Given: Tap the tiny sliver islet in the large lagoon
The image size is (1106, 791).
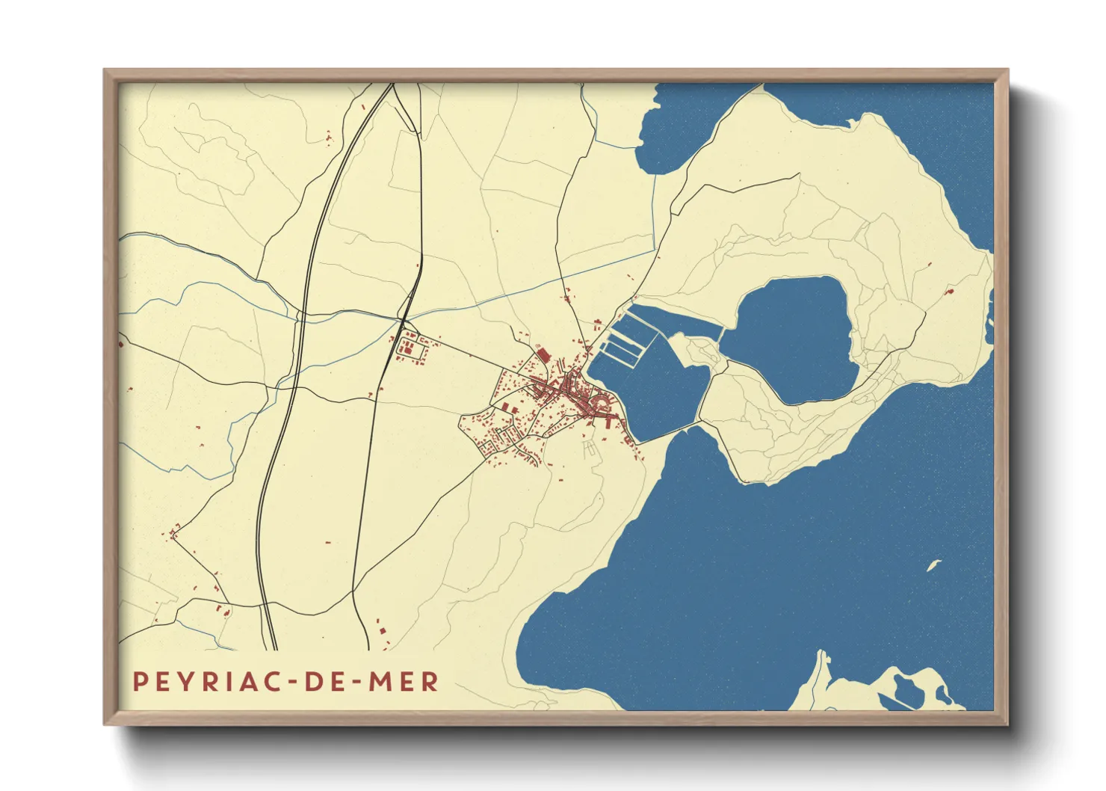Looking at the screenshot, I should pyautogui.click(x=933, y=565).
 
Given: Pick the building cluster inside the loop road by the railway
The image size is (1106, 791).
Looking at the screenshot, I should pyautogui.click(x=410, y=348).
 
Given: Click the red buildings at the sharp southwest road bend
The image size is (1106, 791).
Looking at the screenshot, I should pyautogui.click(x=175, y=533).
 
